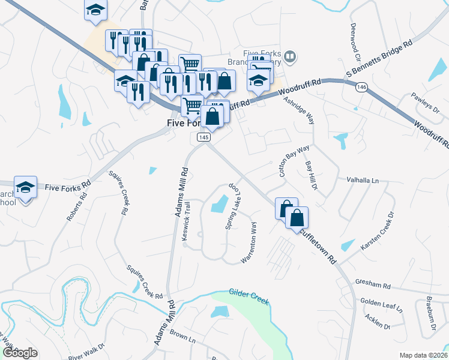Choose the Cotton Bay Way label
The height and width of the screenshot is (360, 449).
coord(294,159)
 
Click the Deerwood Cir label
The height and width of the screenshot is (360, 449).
coord(355,42)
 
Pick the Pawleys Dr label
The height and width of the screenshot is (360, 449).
coord(426,103)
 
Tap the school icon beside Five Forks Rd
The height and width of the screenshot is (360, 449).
coord(26,187)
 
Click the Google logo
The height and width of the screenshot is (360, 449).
coord(20,352)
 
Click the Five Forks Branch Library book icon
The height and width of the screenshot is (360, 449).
coord(291,56)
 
